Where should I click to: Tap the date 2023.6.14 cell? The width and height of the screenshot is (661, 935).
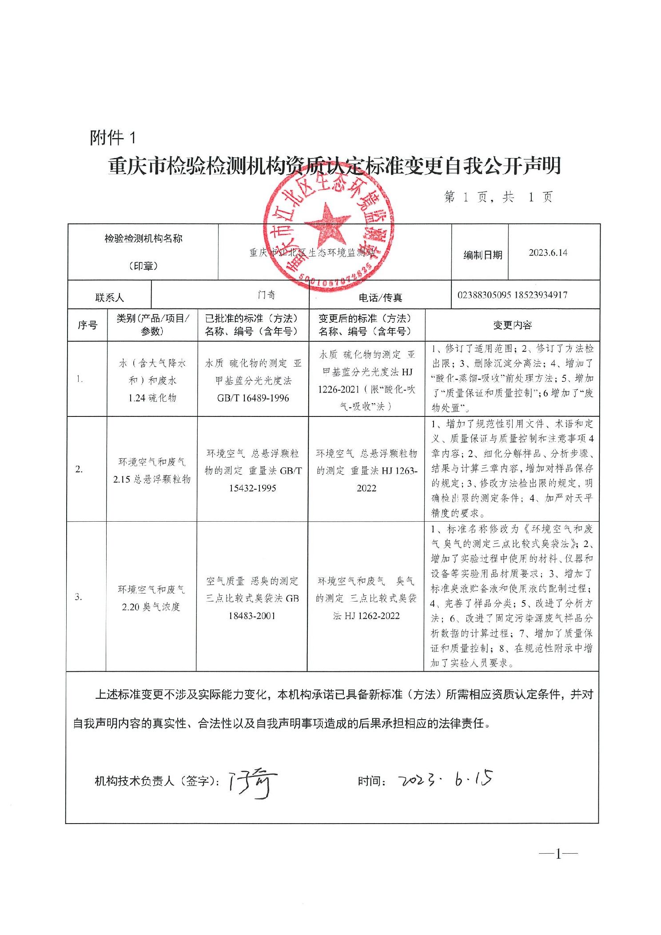(548, 253)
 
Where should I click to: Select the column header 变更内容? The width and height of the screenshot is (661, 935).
(512, 325)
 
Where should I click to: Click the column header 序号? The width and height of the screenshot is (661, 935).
(88, 325)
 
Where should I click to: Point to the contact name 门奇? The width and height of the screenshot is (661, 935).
(267, 295)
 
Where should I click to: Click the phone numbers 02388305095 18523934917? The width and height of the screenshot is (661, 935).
(512, 295)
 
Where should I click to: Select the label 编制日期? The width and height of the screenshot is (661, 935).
(483, 255)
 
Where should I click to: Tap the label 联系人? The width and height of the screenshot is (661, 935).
(110, 297)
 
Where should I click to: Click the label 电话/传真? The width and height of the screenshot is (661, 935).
(380, 297)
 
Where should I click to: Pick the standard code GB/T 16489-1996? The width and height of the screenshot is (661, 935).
(253, 398)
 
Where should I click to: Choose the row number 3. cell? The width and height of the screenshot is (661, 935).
(79, 597)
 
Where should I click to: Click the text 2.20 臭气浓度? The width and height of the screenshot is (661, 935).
(151, 607)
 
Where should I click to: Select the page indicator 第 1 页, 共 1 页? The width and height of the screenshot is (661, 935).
(498, 197)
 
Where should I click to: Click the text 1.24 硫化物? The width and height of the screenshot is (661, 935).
(152, 398)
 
